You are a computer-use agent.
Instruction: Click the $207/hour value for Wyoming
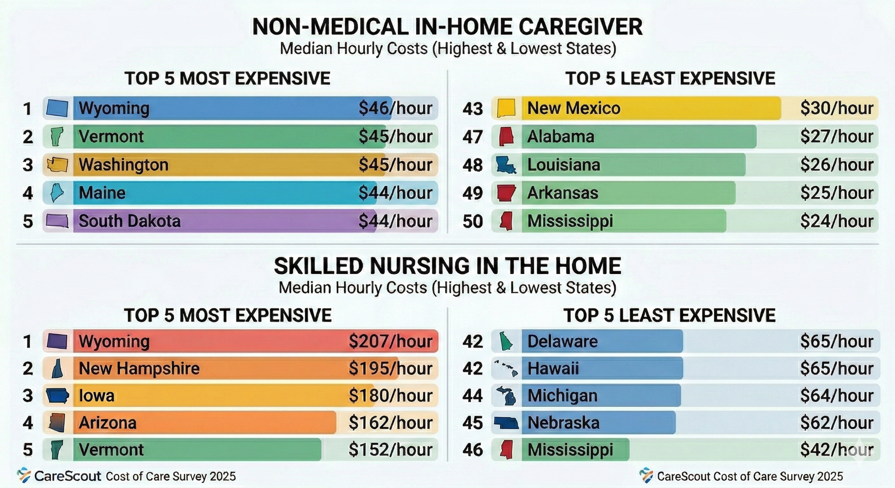tap(390, 341)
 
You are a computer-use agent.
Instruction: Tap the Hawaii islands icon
tap(506, 369)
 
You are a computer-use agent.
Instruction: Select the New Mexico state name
tap(573, 108)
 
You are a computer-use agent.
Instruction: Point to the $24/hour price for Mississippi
tap(836, 221)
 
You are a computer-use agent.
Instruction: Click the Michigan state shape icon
tap(506, 396)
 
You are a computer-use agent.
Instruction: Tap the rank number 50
tap(472, 222)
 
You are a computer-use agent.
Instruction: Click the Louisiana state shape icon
tap(506, 165)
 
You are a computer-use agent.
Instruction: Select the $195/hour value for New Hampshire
tap(390, 369)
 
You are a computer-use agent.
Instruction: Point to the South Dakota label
tap(129, 221)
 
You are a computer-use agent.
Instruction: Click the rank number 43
tap(472, 109)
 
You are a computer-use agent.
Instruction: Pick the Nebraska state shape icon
tap(506, 423)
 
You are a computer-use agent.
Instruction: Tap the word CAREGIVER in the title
tap(580, 27)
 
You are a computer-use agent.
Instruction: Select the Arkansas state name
tap(562, 193)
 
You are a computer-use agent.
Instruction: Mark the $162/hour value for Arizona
tap(390, 423)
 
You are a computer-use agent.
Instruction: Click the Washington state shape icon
tap(58, 165)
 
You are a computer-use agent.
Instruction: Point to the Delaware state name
tap(562, 341)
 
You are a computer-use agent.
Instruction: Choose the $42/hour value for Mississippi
tap(836, 450)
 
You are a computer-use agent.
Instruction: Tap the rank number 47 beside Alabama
tap(472, 137)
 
